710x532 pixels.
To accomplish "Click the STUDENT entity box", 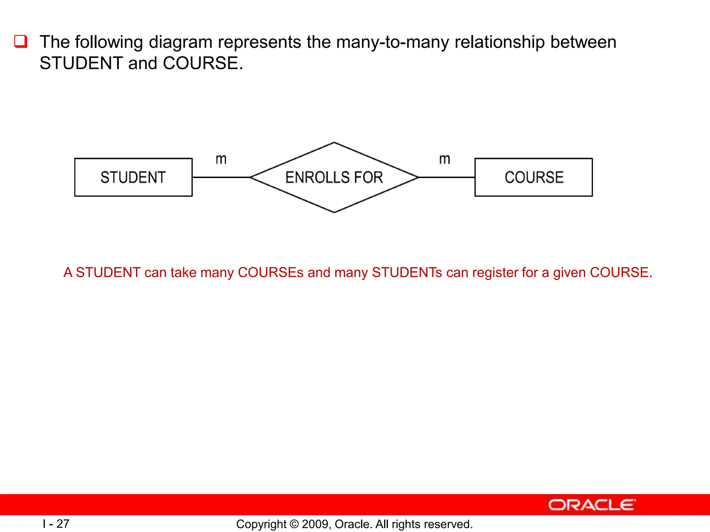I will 133,177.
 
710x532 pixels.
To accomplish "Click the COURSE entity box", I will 534,177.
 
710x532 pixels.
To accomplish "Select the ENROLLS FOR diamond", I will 334,177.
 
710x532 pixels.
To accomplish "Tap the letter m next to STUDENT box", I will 221,160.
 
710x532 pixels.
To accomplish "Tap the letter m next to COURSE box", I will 444,160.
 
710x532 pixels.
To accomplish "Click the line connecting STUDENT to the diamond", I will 221,177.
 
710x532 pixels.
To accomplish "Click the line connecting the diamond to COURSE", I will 447,177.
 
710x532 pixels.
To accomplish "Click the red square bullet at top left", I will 20,42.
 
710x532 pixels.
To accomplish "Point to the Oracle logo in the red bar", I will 591,505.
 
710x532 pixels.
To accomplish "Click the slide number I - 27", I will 56,524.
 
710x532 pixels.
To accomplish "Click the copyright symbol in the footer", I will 294,524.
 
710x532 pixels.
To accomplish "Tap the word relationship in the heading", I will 499,42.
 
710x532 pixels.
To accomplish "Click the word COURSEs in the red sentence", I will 270,273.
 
